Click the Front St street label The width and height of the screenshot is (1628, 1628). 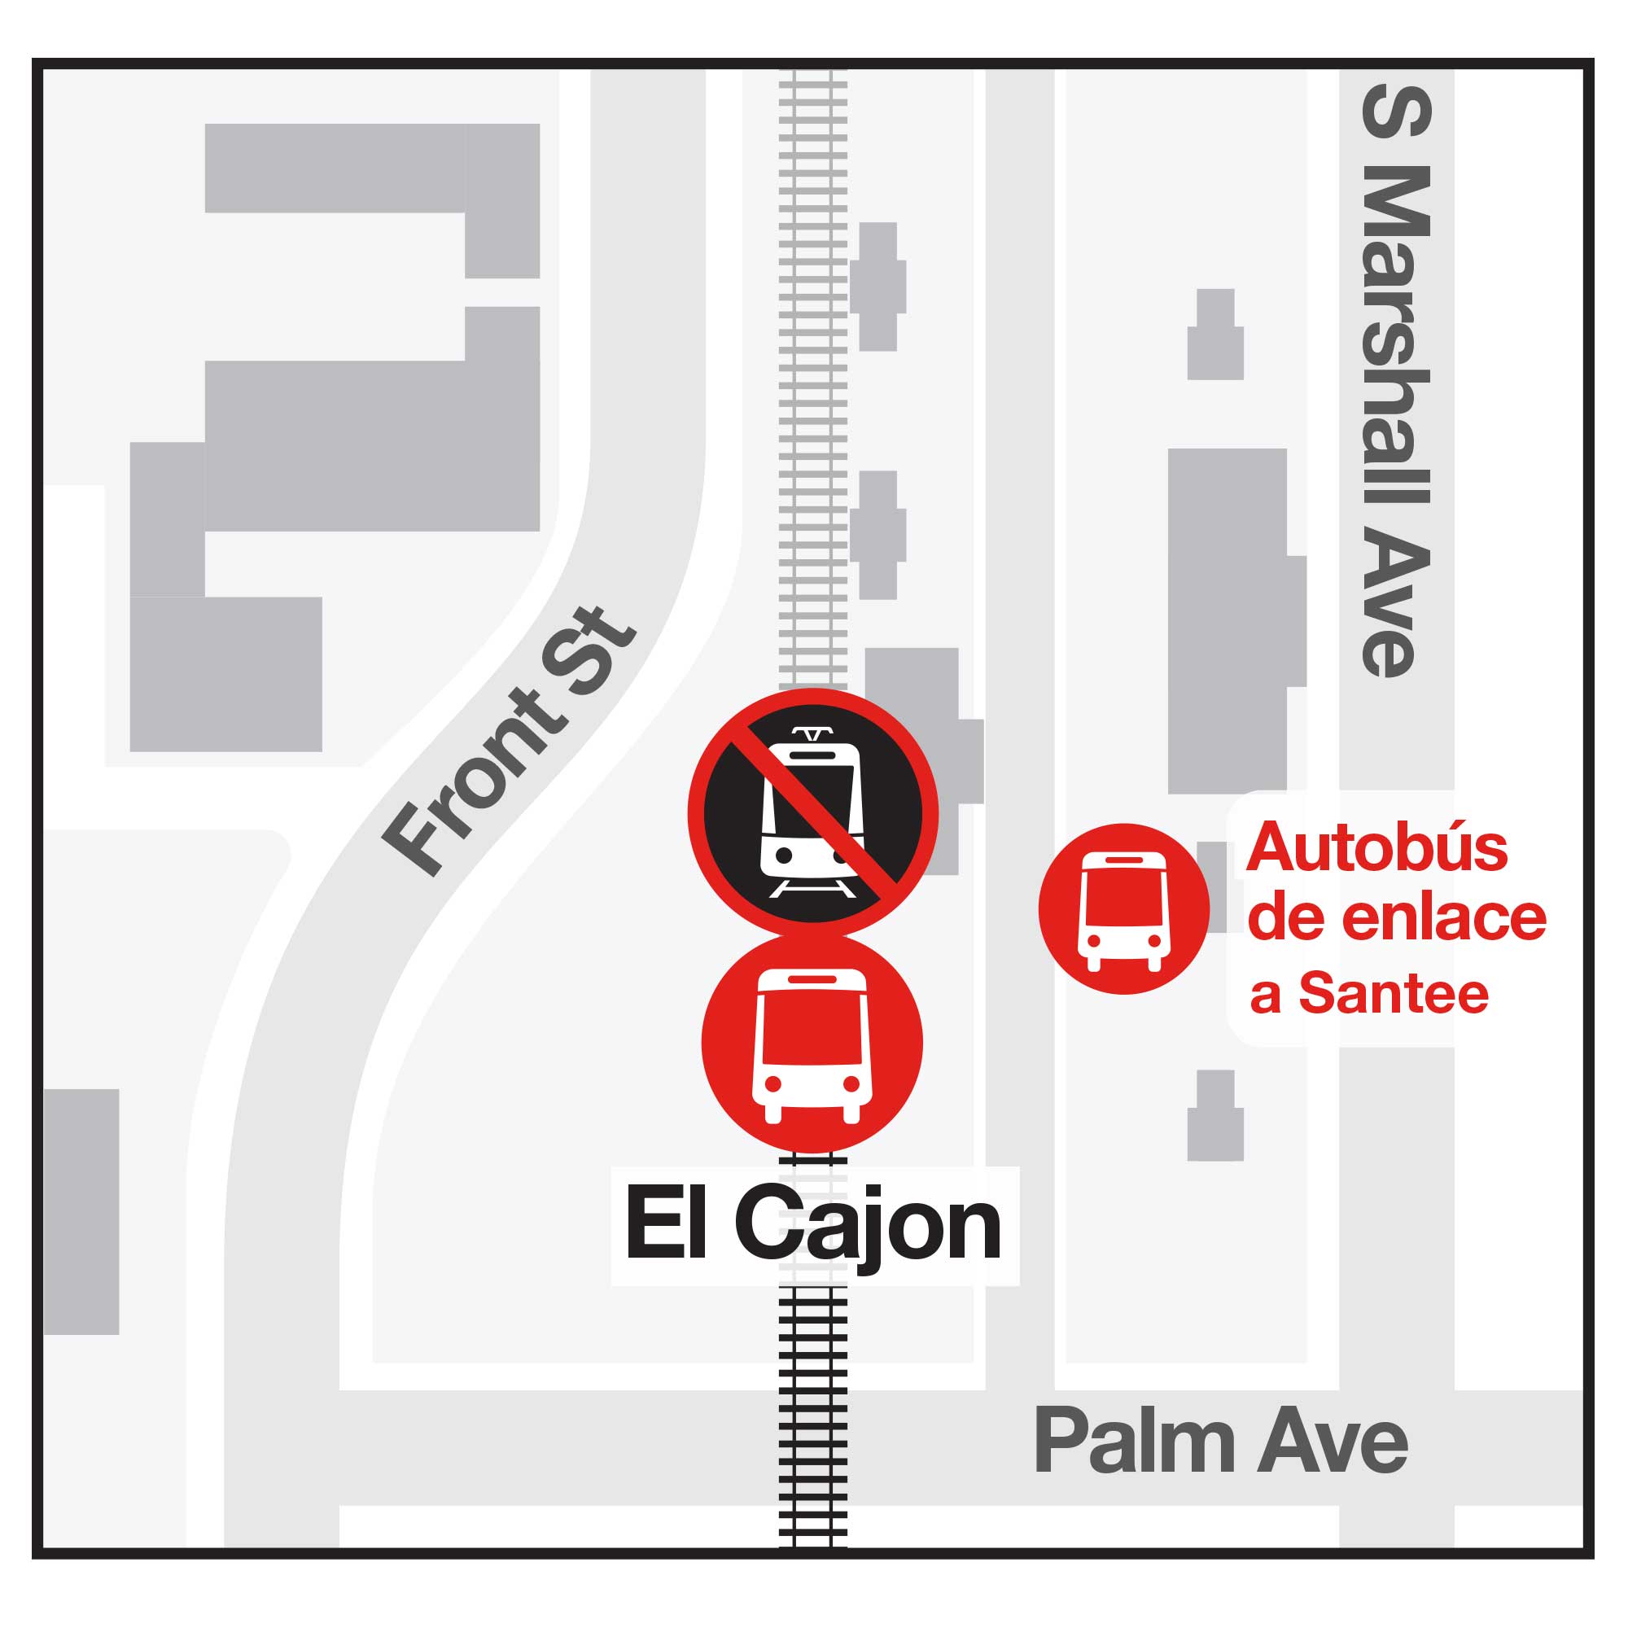point(509,742)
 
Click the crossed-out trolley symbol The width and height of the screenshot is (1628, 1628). point(812,814)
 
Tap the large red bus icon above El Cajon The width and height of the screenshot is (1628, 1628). point(812,1044)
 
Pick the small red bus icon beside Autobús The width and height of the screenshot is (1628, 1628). point(1123,909)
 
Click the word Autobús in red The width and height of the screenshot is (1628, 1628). point(1376,847)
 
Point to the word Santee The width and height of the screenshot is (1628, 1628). point(1394,995)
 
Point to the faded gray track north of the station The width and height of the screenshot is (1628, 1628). point(812,379)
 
